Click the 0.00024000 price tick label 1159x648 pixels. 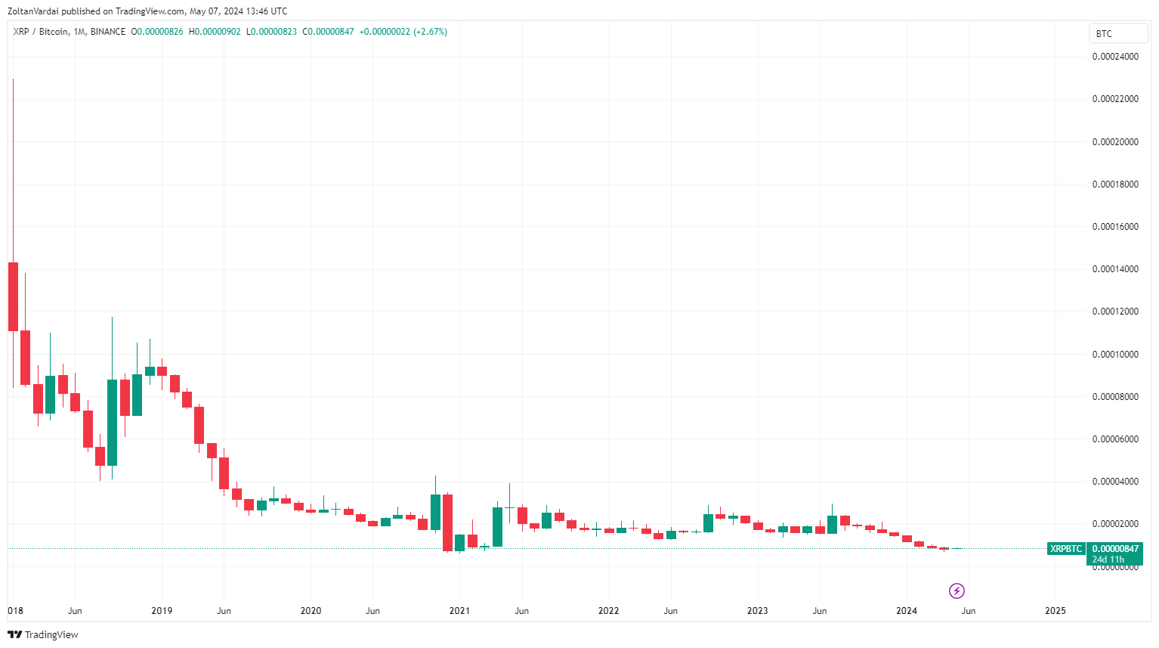[x=1115, y=57]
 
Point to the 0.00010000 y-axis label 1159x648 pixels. [x=1115, y=355]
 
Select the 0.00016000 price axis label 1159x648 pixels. [x=1115, y=227]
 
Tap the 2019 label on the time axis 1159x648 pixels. [x=162, y=611]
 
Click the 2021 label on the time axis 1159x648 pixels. [x=459, y=611]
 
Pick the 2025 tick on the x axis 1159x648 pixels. [x=1055, y=611]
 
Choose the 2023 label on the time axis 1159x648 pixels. [x=757, y=611]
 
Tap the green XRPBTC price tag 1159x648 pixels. [x=1066, y=549]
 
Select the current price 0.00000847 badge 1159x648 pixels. [x=1115, y=549]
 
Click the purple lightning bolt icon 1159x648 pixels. [x=957, y=591]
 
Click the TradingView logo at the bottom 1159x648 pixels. [x=43, y=634]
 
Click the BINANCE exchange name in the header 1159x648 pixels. [x=108, y=32]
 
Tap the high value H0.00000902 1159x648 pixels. [x=215, y=32]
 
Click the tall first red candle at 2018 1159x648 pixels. [x=13, y=296]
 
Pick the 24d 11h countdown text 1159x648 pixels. [x=1108, y=560]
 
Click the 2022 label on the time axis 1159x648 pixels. [x=608, y=611]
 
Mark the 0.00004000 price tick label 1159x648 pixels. [x=1115, y=482]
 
